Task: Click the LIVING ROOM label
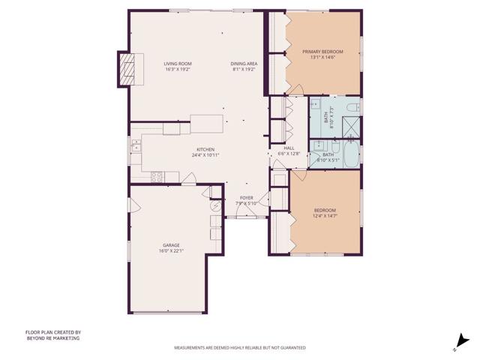click(178, 63)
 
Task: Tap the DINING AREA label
click(244, 63)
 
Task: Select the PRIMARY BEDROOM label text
click(322, 52)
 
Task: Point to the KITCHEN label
click(205, 148)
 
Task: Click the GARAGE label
click(171, 245)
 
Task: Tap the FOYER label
click(246, 198)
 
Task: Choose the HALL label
click(289, 148)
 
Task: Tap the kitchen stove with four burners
click(157, 177)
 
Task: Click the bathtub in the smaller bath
click(349, 156)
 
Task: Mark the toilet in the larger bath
click(353, 108)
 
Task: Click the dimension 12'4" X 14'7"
click(324, 216)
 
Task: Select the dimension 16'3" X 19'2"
click(178, 70)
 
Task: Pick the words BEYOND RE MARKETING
click(52, 338)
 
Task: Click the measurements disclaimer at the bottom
click(239, 348)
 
